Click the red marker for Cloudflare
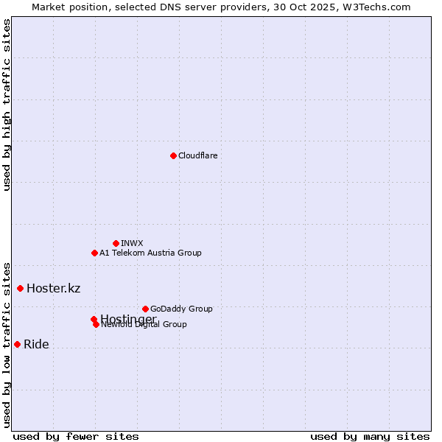173,155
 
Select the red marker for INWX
116,243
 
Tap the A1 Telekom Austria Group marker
94,253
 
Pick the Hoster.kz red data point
20,288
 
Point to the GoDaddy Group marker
145,309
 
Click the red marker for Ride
17,344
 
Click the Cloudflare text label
197,155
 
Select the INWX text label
132,243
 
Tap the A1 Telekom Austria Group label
150,253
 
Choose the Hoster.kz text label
53,288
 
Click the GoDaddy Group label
181,309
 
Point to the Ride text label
36,345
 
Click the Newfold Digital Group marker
96,324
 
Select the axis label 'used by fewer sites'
76,436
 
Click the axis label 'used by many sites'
370,436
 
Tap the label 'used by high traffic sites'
7,105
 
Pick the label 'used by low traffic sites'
7,345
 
